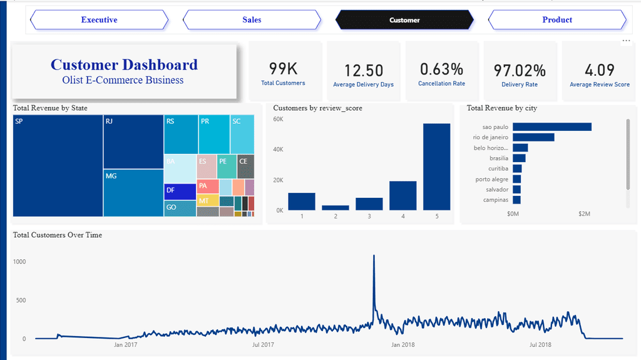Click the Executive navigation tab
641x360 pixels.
click(x=100, y=19)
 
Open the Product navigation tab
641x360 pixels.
click(x=557, y=19)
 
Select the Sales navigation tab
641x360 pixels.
click(x=252, y=19)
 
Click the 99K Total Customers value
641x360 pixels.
click(x=284, y=69)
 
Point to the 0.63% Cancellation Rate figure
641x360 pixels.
click(x=441, y=69)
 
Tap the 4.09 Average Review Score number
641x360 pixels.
click(x=599, y=70)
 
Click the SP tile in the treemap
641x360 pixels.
click(x=58, y=166)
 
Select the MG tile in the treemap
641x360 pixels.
click(x=133, y=193)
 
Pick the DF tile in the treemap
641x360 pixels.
click(x=180, y=192)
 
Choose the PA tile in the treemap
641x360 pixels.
click(x=208, y=186)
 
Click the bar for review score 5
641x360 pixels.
click(x=436, y=167)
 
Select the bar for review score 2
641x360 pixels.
click(x=336, y=208)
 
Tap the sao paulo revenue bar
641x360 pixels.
click(x=552, y=127)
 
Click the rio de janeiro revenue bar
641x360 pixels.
click(x=533, y=137)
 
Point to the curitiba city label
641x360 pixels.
click(x=498, y=168)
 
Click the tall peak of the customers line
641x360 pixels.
click(x=374, y=255)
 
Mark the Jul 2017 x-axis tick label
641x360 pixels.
click(x=263, y=345)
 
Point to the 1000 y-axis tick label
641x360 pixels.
click(x=19, y=262)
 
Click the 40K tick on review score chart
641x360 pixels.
click(x=278, y=150)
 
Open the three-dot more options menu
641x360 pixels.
click(x=626, y=41)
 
